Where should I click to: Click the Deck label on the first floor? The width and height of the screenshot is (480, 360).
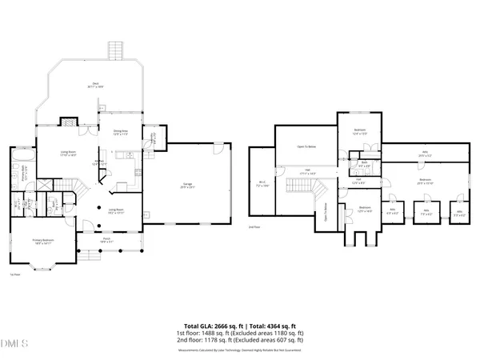click(x=96, y=86)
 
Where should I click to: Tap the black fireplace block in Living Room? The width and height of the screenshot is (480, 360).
click(x=70, y=123)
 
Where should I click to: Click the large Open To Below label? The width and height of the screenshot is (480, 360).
click(x=306, y=147)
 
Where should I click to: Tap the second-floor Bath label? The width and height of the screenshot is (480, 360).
click(x=363, y=166)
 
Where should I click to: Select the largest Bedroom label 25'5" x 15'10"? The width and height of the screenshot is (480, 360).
click(x=424, y=181)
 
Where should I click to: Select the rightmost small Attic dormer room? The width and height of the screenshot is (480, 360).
click(x=458, y=214)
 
